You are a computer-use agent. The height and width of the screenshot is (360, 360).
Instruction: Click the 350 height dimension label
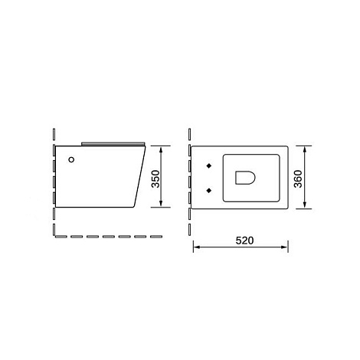(155, 178)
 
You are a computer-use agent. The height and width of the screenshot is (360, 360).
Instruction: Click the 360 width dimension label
(298, 178)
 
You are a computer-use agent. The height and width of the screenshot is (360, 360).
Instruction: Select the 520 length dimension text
(244, 241)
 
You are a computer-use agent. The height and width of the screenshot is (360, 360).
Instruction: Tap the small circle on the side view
(71, 159)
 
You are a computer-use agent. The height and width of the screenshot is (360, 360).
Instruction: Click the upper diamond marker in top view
(209, 166)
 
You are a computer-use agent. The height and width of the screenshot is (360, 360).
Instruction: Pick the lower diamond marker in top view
(209, 190)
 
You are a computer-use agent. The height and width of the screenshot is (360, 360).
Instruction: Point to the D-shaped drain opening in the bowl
(245, 178)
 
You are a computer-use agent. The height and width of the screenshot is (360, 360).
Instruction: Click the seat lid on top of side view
(113, 144)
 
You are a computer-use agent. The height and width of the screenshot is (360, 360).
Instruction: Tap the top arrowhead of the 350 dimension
(161, 150)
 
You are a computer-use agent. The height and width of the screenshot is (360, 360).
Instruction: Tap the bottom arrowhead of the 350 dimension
(161, 203)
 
